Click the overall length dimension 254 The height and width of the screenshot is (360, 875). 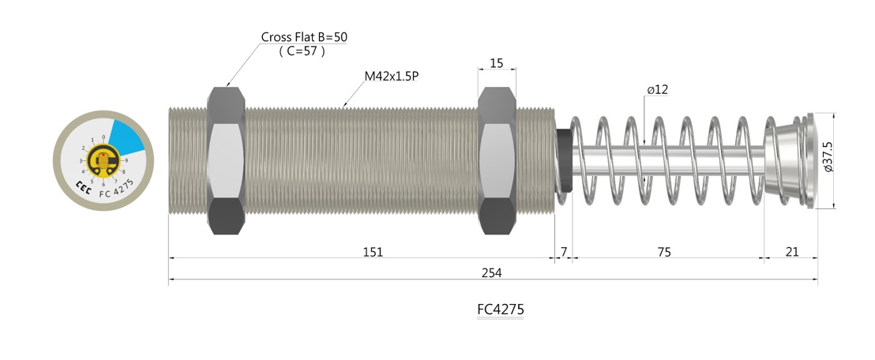492,272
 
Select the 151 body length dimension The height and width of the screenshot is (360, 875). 373,252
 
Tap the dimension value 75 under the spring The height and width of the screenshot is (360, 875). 664,252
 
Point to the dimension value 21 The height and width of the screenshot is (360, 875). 792,252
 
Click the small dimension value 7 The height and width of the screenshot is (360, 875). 563,252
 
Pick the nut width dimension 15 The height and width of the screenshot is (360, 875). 497,62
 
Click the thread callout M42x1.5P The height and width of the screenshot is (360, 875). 392,77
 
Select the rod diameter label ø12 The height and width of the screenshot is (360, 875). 657,90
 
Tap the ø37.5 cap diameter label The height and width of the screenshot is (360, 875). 827,157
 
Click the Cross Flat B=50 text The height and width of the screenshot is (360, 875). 305,37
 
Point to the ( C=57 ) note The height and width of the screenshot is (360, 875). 302,51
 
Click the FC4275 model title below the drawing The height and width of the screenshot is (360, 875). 500,309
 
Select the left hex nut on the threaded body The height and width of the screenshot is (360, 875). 226,160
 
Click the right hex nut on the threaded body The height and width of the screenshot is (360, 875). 498,160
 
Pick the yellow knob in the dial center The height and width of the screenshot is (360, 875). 103,161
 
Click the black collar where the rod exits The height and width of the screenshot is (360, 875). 563,160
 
